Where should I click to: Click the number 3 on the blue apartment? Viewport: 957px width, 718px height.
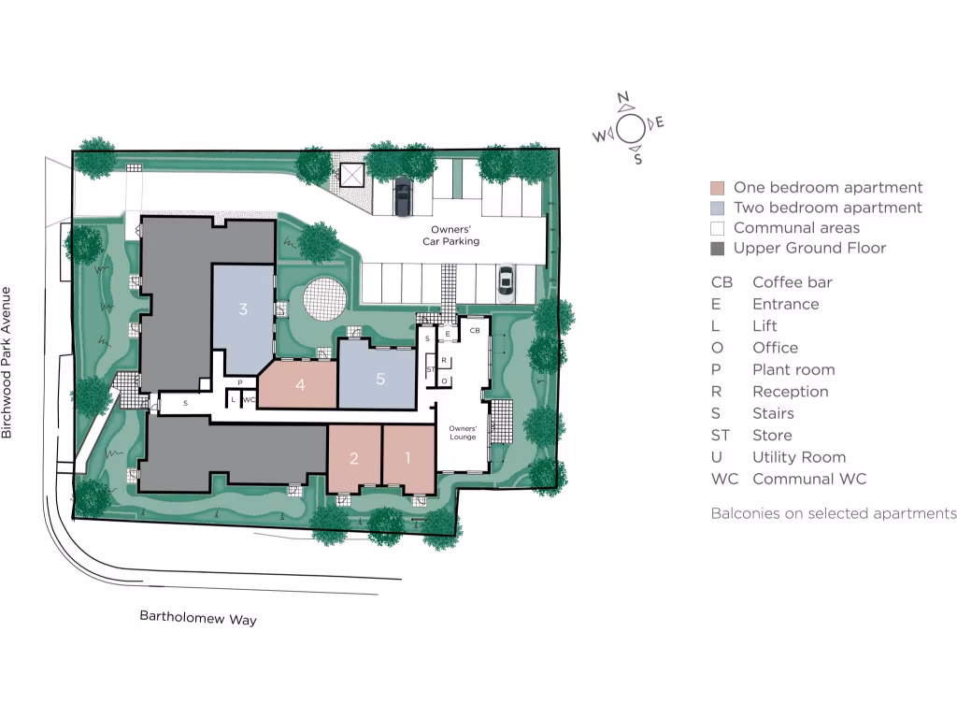[243, 309]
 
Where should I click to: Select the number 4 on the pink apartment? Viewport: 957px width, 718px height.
[300, 384]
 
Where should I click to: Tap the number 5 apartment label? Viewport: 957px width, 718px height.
[379, 379]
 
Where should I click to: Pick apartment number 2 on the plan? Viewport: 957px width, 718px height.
[353, 458]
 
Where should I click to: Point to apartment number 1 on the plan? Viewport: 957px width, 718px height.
[407, 458]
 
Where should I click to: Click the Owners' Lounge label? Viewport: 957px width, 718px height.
[463, 431]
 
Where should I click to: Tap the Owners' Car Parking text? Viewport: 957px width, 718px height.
[455, 236]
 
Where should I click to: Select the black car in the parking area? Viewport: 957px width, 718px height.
[403, 195]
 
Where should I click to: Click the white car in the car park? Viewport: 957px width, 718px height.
[505, 280]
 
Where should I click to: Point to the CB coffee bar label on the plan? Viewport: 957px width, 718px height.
[475, 330]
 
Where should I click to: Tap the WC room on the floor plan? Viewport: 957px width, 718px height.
[249, 400]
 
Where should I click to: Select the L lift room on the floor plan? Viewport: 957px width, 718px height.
[233, 400]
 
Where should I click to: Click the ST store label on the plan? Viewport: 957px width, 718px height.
[430, 369]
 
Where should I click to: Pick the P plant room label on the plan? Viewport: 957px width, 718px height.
[240, 382]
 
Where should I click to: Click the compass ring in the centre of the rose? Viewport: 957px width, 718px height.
[630, 128]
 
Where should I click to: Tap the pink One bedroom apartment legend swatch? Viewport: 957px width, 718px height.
[718, 188]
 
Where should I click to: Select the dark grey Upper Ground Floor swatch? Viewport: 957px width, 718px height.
[718, 249]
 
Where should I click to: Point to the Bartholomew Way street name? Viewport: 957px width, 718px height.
[198, 619]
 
